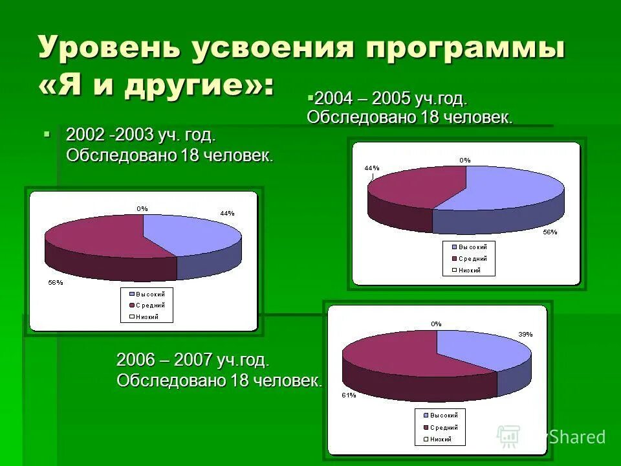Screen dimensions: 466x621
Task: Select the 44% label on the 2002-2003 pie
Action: (227, 213)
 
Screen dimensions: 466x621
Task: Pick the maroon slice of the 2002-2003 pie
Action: (97, 236)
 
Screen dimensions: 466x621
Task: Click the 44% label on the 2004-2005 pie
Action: (371, 168)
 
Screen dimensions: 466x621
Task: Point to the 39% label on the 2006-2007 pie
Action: (525, 335)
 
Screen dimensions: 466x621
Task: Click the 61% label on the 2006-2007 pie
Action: (349, 395)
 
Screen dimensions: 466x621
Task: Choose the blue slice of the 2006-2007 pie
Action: (479, 349)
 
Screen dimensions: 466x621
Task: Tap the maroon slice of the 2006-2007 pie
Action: (388, 353)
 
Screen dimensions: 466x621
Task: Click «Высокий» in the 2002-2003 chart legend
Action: (151, 294)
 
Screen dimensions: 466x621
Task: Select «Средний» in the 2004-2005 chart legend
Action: (473, 258)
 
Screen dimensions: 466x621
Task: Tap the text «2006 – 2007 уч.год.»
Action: (192, 361)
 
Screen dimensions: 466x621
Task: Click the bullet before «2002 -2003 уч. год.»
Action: (47, 134)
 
